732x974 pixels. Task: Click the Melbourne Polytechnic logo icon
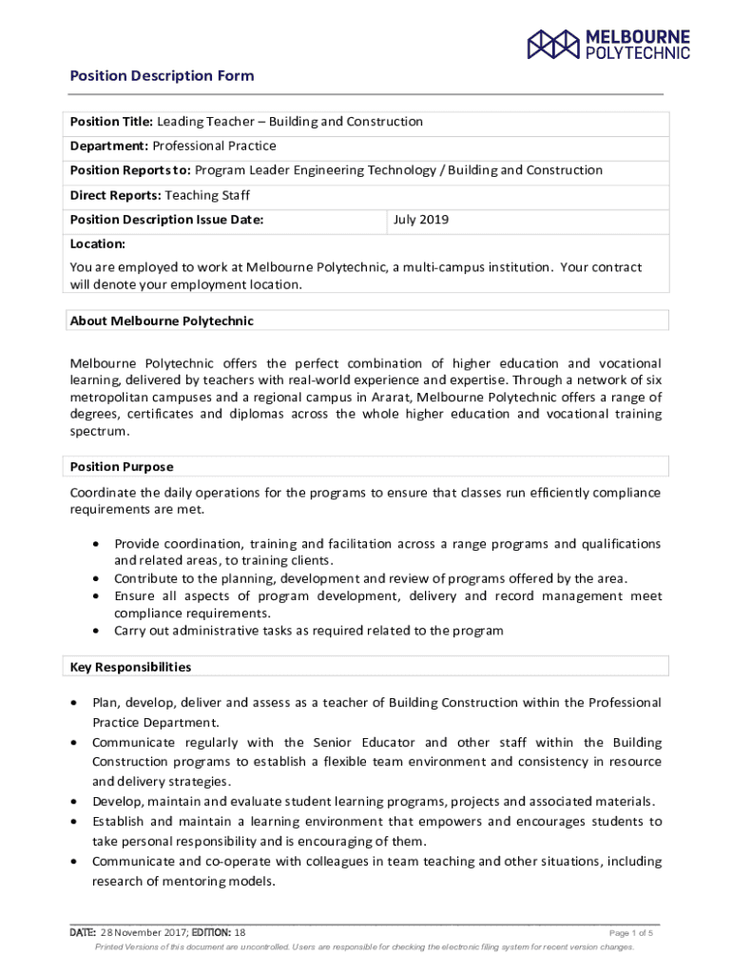553,44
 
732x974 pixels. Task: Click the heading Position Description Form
162,76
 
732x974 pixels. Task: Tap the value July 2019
421,220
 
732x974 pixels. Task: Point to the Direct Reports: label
116,195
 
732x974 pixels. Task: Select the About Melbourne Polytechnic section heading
162,321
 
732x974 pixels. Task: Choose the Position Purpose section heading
122,467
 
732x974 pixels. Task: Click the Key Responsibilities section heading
130,667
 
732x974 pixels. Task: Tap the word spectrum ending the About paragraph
98,432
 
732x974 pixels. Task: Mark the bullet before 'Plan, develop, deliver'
74,703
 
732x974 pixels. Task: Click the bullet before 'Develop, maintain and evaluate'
74,802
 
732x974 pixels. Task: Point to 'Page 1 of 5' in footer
630,933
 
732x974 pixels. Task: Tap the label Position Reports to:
130,170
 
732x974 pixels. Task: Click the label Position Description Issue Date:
166,220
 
